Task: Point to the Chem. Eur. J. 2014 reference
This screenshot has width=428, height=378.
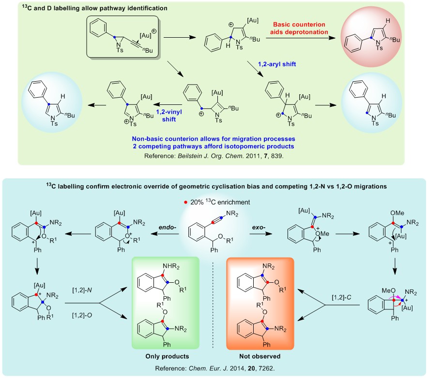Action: pyautogui.click(x=214, y=369)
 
